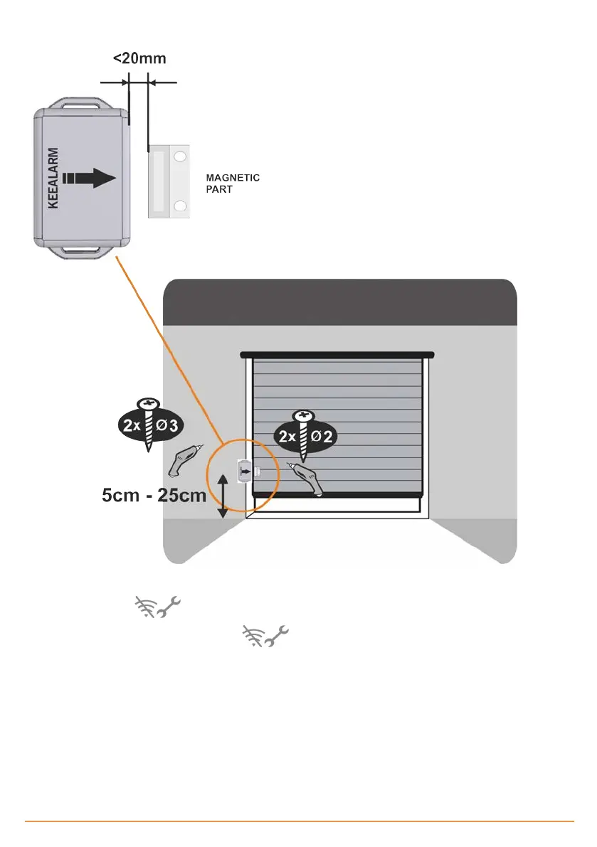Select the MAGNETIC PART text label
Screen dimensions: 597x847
pyautogui.click(x=232, y=183)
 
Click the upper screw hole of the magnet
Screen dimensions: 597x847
pyautogui.click(x=180, y=155)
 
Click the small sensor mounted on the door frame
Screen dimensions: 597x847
pyautogui.click(x=244, y=470)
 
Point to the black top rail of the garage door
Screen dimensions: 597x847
pyautogui.click(x=337, y=353)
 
